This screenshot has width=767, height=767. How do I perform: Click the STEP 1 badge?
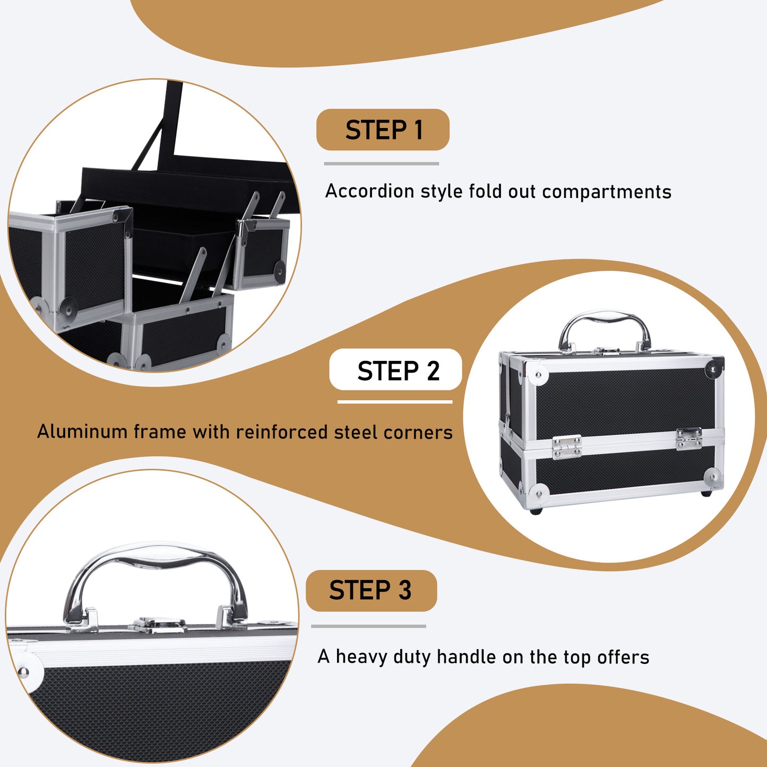coord(383,130)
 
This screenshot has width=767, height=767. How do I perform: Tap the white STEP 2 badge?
coord(396,370)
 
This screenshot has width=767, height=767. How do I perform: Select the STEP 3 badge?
coord(371,590)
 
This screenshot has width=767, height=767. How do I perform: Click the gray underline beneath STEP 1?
coord(381,163)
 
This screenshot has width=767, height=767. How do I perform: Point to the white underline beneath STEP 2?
coord(395,402)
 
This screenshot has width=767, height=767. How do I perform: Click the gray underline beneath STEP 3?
coord(368,626)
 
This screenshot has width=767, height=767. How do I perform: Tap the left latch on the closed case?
coord(566,446)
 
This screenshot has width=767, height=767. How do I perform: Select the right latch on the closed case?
coord(689,438)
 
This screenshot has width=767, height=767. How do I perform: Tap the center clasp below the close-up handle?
coord(159,624)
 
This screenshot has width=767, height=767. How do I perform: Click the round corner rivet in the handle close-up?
coord(24,672)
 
